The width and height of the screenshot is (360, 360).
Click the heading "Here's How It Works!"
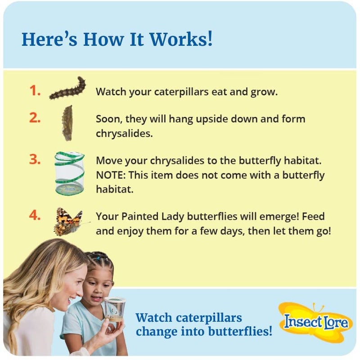(117, 40)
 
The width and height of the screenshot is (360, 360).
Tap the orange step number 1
(35, 91)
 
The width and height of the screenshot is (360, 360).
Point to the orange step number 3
(35, 160)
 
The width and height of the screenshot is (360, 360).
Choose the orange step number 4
(35, 215)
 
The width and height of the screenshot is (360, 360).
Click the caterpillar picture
(68, 89)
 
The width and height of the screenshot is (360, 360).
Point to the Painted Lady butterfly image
(69, 221)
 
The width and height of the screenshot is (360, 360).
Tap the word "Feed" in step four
(313, 217)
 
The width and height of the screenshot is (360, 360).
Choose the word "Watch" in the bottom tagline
(153, 318)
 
